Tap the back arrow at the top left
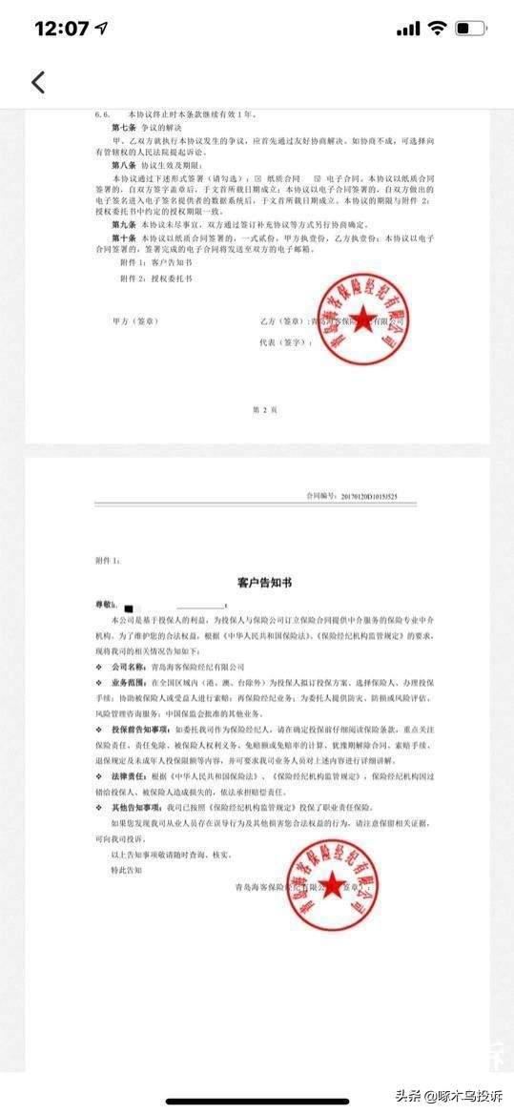[38, 82]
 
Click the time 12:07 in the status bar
[62, 29]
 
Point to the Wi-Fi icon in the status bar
[437, 29]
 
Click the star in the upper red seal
[362, 319]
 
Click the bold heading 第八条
[125, 164]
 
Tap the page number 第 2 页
[264, 409]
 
